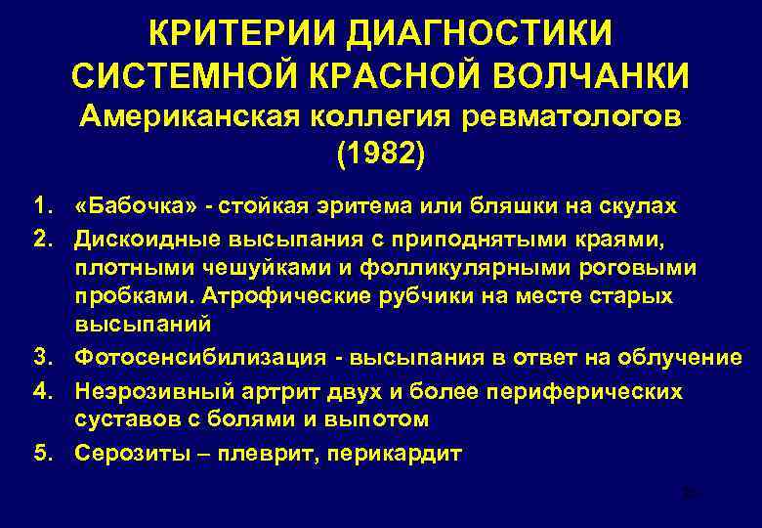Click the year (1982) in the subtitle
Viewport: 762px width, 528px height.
pos(380,154)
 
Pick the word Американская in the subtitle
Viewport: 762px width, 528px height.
pos(191,117)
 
